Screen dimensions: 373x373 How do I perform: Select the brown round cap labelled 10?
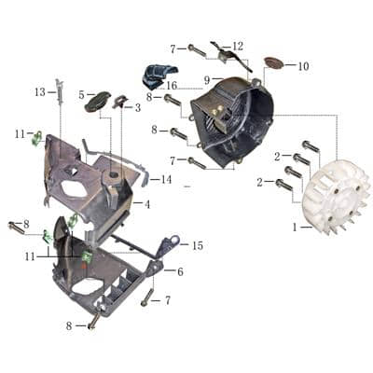pyautogui.click(x=273, y=63)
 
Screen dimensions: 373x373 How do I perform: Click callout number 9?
pyautogui.click(x=207, y=81)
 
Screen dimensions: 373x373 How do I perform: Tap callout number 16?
pyautogui.click(x=173, y=86)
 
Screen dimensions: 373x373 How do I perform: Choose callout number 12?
pyautogui.click(x=238, y=46)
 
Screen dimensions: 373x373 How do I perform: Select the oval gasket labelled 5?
pyautogui.click(x=96, y=102)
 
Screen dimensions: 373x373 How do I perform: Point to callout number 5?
pyautogui.click(x=81, y=94)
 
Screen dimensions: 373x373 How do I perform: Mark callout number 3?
pyautogui.click(x=138, y=107)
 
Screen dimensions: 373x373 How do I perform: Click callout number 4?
pyautogui.click(x=147, y=203)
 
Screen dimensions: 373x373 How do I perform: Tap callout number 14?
pyautogui.click(x=167, y=179)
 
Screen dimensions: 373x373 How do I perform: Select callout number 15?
pyautogui.click(x=197, y=245)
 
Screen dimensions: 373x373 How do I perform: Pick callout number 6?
pyautogui.click(x=181, y=271)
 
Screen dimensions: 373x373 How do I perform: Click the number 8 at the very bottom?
pyautogui.click(x=69, y=325)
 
